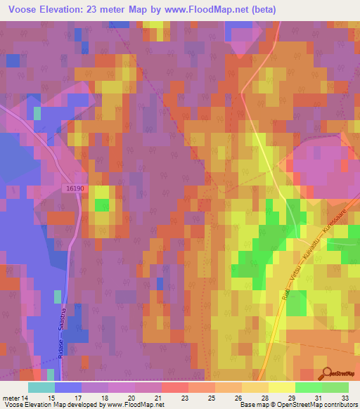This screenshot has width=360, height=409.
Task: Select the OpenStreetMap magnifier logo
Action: click(x=325, y=373)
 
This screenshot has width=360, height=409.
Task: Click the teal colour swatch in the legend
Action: click(x=41, y=387)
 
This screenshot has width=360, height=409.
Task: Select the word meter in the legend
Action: click(x=11, y=398)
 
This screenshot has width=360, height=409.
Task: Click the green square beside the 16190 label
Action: click(x=103, y=205)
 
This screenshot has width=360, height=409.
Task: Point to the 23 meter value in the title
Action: click(x=100, y=10)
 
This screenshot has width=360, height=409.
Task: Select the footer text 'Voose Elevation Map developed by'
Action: click(x=49, y=405)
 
